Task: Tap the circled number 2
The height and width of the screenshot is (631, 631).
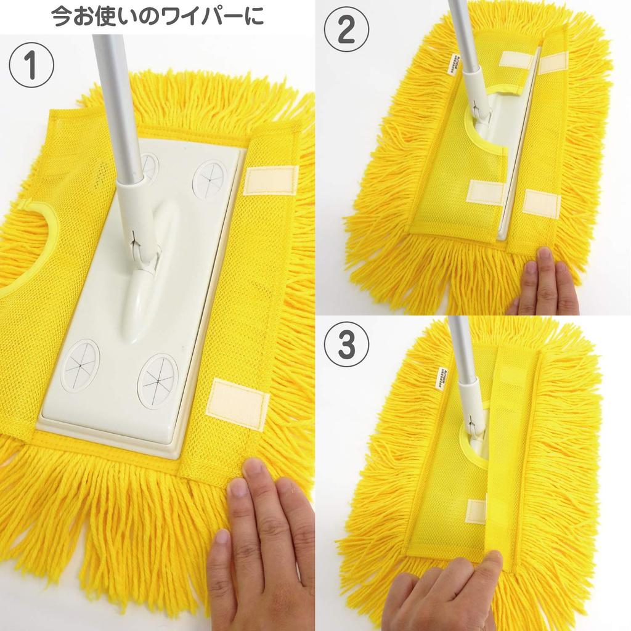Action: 346,30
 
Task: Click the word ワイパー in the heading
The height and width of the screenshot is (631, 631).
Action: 198,16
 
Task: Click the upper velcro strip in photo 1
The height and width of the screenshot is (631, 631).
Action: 271,180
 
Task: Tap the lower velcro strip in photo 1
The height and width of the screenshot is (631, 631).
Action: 237,404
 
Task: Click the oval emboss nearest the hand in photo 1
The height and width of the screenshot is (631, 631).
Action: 157,381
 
